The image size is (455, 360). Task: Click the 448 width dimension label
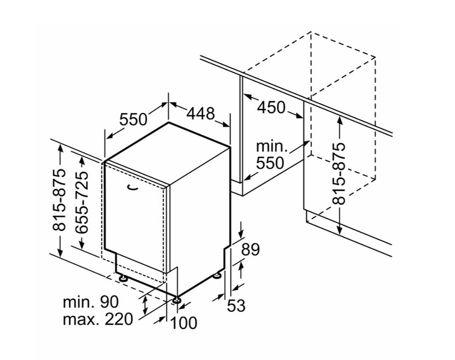pos(200,114)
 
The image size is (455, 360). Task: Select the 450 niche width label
pos(272,108)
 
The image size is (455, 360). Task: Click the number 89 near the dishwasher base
pos(251,250)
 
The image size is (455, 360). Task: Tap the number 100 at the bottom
pos(183,323)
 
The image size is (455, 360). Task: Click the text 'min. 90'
pos(91,302)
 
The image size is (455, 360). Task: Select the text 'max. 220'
pos(98,319)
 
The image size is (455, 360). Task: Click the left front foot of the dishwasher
pos(123,278)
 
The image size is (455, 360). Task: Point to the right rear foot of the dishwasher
pos(218,274)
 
